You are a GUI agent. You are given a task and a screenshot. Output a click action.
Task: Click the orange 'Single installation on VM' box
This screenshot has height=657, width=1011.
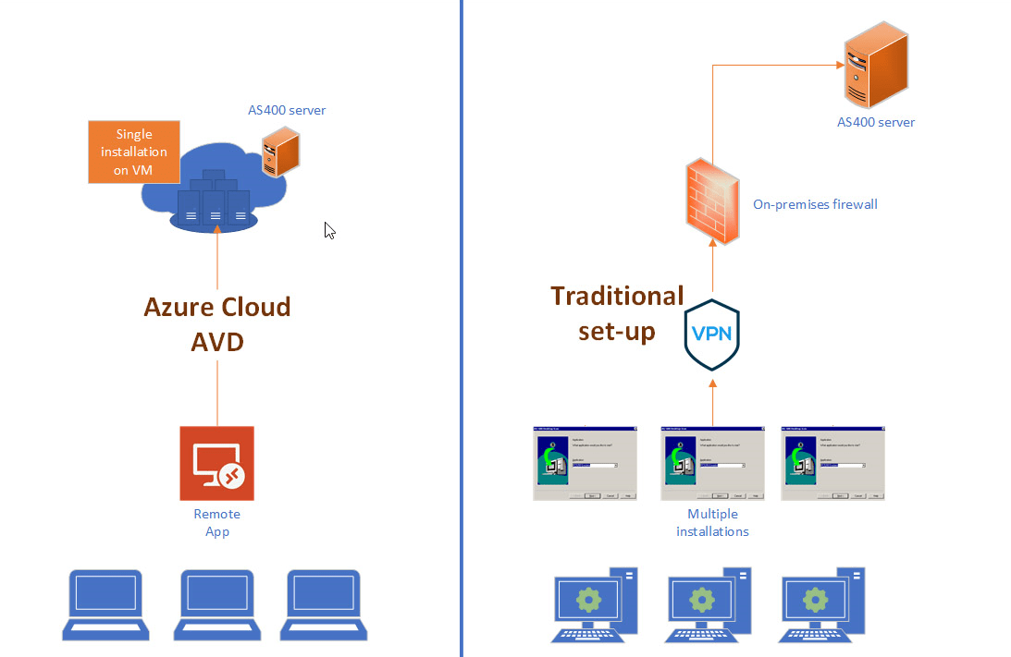click(x=134, y=152)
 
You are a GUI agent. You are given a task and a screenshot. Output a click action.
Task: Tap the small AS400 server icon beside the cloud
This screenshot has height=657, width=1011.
click(x=281, y=152)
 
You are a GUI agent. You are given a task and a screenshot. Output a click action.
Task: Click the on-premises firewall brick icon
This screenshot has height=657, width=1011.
click(x=712, y=201)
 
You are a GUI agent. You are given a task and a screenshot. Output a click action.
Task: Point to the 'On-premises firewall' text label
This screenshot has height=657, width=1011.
click(x=815, y=203)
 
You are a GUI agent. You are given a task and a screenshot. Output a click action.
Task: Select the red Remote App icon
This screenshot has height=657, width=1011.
click(x=216, y=463)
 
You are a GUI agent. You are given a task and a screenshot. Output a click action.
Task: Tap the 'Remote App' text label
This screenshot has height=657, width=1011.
click(x=216, y=523)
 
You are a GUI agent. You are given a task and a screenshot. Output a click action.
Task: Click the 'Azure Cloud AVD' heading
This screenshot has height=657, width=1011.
click(x=217, y=323)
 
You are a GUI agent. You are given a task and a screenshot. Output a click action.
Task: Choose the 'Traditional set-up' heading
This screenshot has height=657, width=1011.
click(x=617, y=312)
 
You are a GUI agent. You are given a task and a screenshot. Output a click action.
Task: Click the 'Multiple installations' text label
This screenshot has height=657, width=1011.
click(x=712, y=523)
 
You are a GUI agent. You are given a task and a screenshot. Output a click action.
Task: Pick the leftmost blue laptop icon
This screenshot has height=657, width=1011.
click(x=106, y=605)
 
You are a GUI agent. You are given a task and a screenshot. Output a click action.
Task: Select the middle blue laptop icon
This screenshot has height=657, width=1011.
click(x=215, y=605)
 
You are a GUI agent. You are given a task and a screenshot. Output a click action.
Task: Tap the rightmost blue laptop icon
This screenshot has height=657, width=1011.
click(x=324, y=605)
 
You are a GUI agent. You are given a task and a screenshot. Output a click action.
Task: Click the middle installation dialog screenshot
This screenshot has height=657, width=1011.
click(x=712, y=464)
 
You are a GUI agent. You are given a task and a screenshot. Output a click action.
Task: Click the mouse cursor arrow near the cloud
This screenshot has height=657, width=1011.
click(x=328, y=230)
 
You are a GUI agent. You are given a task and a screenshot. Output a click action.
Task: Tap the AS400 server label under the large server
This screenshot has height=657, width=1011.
click(x=876, y=122)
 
